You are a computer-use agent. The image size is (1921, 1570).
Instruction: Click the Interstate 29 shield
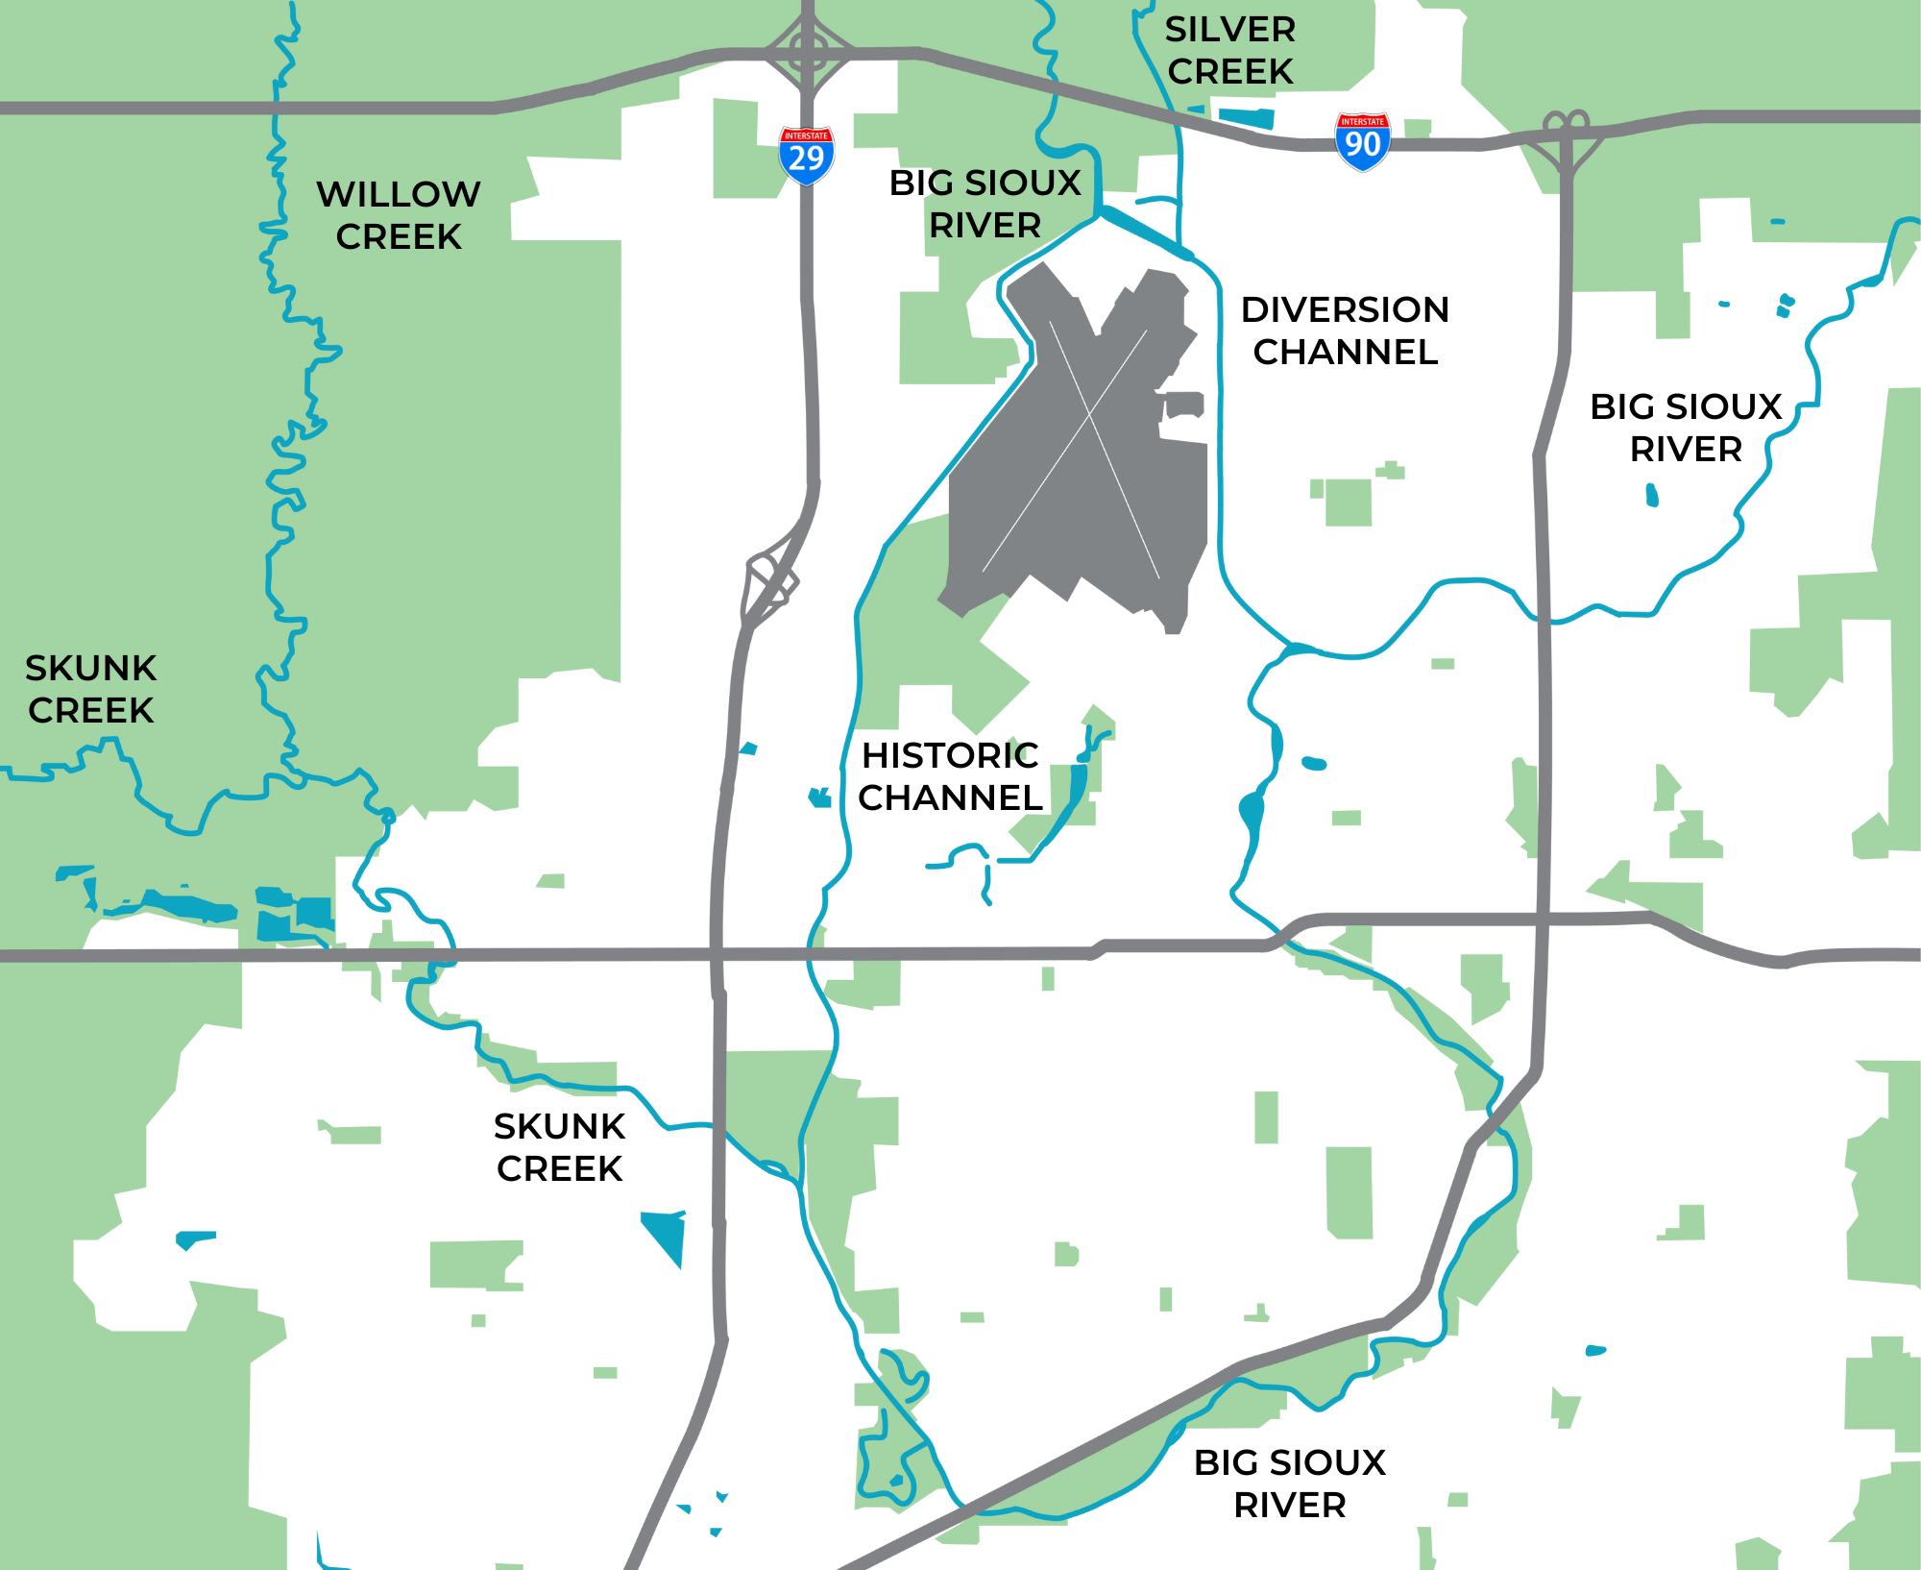pyautogui.click(x=806, y=155)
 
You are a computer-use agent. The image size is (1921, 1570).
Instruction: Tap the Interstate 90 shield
pyautogui.click(x=1362, y=141)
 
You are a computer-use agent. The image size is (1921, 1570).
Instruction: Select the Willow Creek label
pyautogui.click(x=399, y=215)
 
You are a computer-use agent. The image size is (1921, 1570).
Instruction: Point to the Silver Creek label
pyautogui.click(x=1230, y=50)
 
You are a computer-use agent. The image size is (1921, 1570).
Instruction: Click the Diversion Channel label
pyautogui.click(x=1345, y=331)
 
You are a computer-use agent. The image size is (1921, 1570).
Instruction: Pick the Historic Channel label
pyautogui.click(x=950, y=776)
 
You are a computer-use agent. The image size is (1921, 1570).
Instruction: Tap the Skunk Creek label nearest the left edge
pyautogui.click(x=90, y=689)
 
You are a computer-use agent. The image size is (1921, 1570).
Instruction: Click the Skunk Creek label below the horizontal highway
pyautogui.click(x=559, y=1147)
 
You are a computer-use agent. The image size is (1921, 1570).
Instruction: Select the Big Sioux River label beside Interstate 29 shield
pyautogui.click(x=985, y=204)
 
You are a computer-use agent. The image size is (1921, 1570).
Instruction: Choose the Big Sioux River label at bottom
pyautogui.click(x=1289, y=1484)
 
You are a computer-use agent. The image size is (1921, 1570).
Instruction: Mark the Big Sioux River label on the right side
pyautogui.click(x=1686, y=428)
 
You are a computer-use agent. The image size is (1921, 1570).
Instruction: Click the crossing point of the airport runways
pyautogui.click(x=1089, y=415)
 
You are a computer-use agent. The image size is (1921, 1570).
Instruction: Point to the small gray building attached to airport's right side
pyautogui.click(x=1185, y=404)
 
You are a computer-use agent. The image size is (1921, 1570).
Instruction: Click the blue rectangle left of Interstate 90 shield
pyautogui.click(x=1247, y=118)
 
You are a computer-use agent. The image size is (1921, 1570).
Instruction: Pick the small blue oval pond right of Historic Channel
pyautogui.click(x=1314, y=764)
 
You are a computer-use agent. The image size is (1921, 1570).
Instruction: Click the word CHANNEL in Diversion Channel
pyautogui.click(x=1345, y=353)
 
